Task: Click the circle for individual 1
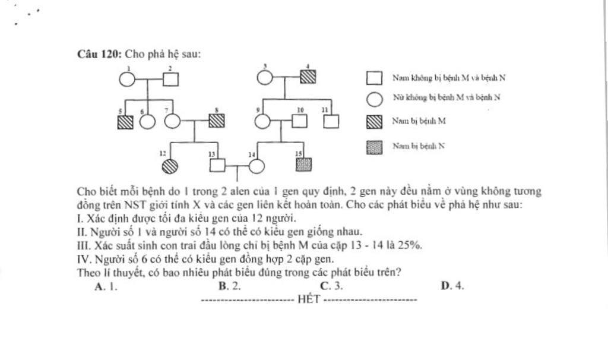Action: coord(127,78)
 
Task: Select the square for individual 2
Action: coord(170,78)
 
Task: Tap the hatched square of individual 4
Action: coord(308,77)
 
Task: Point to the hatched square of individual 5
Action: coord(125,121)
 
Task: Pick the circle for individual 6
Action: coord(147,121)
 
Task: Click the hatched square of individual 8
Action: coord(217,121)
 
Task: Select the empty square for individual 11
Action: coord(331,121)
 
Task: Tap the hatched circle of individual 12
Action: coord(170,166)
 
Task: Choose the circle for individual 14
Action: coord(256,166)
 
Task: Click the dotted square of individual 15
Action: coord(303,165)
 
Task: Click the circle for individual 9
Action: coord(262,121)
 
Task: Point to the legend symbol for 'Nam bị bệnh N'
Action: coord(374,147)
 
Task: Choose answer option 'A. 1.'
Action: coord(106,286)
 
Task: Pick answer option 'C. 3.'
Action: coord(331,286)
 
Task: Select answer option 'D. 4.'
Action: coord(452,286)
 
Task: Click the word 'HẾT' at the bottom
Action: coord(309,299)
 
